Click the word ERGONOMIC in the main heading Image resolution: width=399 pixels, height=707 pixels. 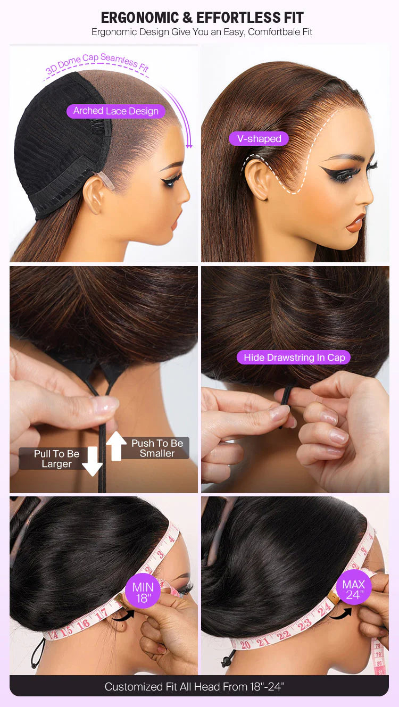coord(140,18)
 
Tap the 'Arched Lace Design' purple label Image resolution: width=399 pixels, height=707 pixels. coord(116,111)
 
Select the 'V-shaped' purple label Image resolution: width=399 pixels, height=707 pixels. coord(259,138)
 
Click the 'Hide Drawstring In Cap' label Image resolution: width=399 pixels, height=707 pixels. coord(294,357)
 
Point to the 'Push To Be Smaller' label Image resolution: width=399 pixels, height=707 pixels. coord(157,448)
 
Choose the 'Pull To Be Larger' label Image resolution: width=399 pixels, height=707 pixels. coord(56,459)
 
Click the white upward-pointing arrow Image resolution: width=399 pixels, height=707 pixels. coord(116,446)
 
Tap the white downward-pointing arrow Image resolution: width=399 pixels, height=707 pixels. coord(92,461)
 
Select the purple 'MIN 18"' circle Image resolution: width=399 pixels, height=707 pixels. coord(143,593)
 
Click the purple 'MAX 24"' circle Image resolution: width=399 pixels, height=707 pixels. coord(354,589)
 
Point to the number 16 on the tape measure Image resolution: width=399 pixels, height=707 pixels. coord(83,625)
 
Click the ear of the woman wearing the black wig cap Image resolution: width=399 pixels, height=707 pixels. coord(94,194)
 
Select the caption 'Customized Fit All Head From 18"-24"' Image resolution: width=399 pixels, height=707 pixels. coord(195,686)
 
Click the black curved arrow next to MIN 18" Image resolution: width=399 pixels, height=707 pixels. coord(123,614)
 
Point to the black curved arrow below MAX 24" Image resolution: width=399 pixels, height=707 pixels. coord(340,613)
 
